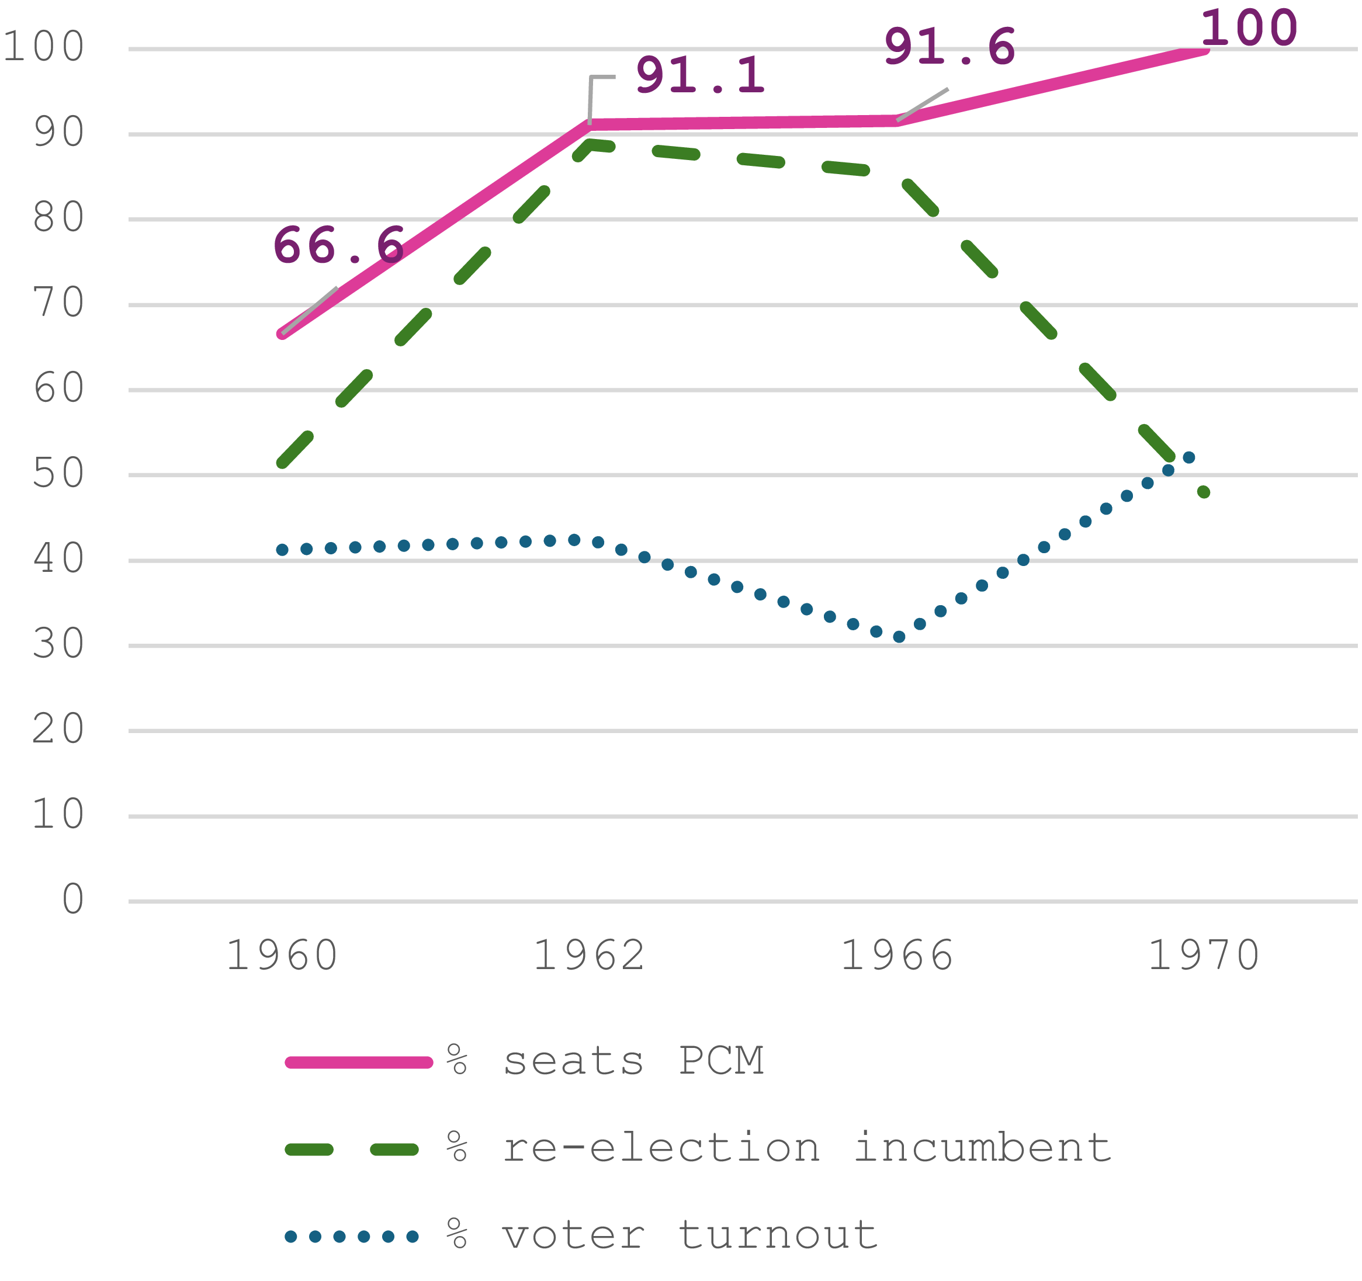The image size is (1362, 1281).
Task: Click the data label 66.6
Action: pos(338,245)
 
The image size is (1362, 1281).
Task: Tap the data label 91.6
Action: pos(949,47)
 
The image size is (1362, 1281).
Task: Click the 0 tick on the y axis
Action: pos(73,900)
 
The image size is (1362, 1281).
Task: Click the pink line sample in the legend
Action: pos(359,1063)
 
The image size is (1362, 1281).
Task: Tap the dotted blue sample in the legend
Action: pos(352,1237)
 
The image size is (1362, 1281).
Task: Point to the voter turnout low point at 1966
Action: pos(899,637)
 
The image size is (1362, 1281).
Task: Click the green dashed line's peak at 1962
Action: pos(591,144)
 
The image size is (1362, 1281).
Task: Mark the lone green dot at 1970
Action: pos(1204,492)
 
